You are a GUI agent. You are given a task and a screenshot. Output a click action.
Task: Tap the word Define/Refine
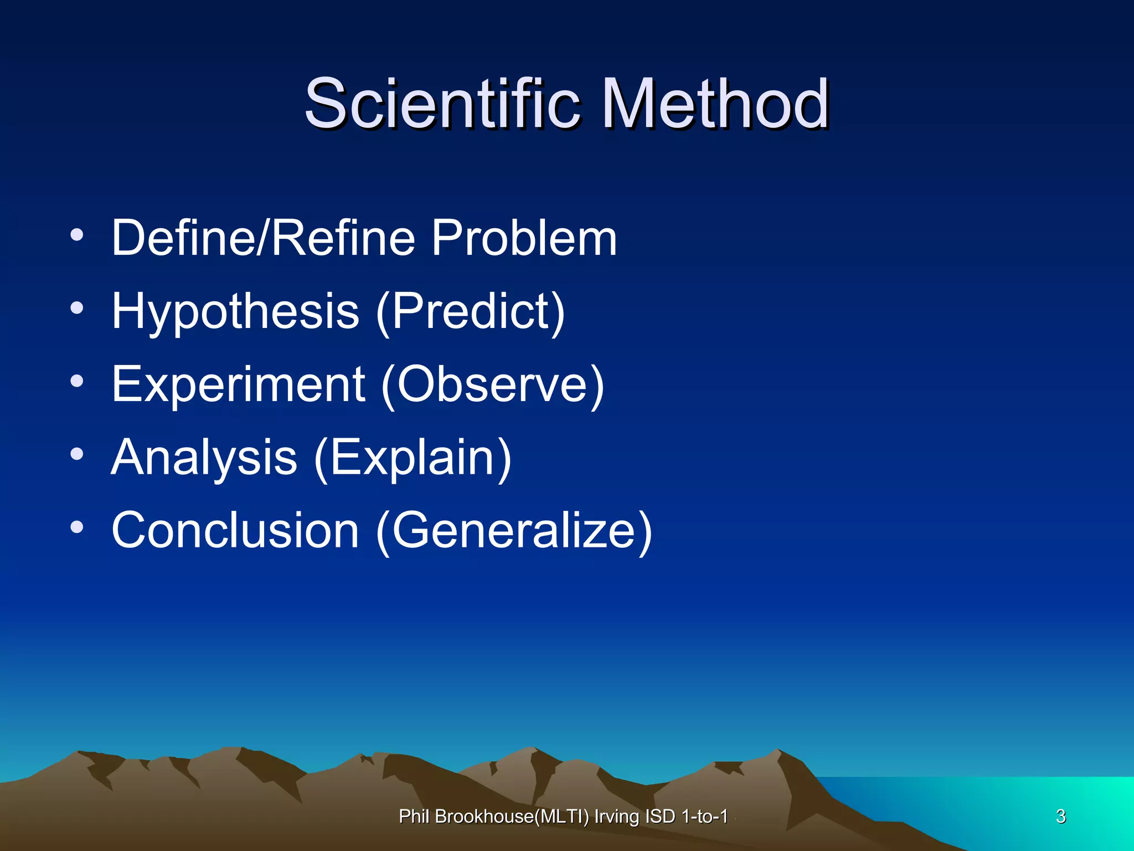coord(263,238)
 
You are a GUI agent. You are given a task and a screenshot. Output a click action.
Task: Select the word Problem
coord(524,238)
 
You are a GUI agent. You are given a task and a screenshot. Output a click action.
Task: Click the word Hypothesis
coord(235,312)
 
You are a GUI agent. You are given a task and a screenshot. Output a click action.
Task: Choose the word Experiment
coord(238,385)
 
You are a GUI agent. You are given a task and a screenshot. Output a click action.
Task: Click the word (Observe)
coord(493,385)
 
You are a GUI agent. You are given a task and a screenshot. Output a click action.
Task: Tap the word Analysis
coord(204,458)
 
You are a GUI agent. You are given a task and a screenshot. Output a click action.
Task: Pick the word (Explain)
coord(413,458)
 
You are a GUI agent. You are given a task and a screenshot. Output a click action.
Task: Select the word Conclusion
coord(235,530)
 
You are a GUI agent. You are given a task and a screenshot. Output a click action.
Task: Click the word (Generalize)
coord(514,530)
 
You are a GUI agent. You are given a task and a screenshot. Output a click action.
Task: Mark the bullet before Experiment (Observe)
coord(77,381)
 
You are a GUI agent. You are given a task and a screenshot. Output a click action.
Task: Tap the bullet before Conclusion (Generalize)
coord(77,527)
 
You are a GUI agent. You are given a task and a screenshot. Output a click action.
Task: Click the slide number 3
coord(1060,816)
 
